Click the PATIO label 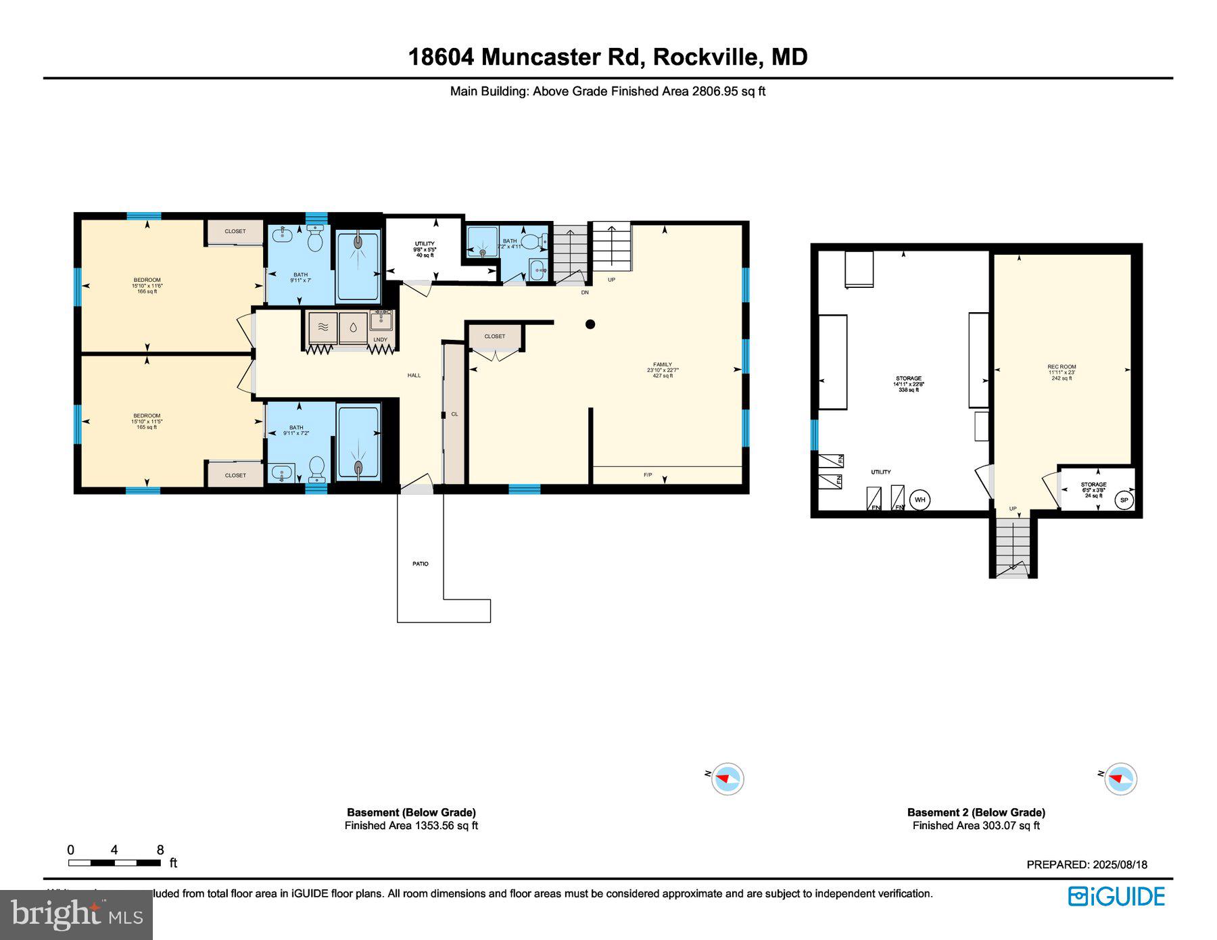420,564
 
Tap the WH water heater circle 919,500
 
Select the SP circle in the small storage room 1124,500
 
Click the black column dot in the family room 590,324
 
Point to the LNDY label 381,340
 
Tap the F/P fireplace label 648,475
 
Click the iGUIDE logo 1116,896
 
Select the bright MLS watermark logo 76,915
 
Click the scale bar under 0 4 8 114,863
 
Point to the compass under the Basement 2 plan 1120,778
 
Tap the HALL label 414,375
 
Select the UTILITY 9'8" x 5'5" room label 425,249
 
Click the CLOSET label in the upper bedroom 235,231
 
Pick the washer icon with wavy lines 323,328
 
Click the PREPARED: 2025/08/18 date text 1087,864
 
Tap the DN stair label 585,293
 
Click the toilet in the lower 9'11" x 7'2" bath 316,467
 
